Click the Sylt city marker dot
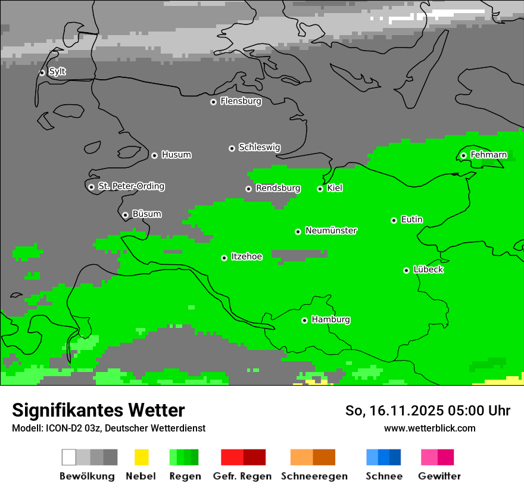tap(42, 73)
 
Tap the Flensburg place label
tap(241, 101)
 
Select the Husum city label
tap(176, 155)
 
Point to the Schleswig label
tap(259, 147)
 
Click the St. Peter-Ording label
tap(131, 186)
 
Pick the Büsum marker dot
tap(125, 215)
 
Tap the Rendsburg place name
tap(278, 188)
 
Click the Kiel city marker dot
tap(320, 189)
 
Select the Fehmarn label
tap(488, 155)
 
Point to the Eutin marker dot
tap(394, 220)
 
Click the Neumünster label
tap(331, 230)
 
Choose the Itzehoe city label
tap(247, 257)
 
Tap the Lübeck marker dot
tap(406, 270)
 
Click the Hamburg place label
tap(330, 320)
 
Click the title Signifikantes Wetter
tap(98, 410)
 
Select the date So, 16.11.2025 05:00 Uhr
tap(428, 411)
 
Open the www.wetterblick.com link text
tap(429, 429)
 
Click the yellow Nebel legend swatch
tap(141, 457)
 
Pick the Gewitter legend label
tap(439, 476)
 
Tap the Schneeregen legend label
tap(314, 476)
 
